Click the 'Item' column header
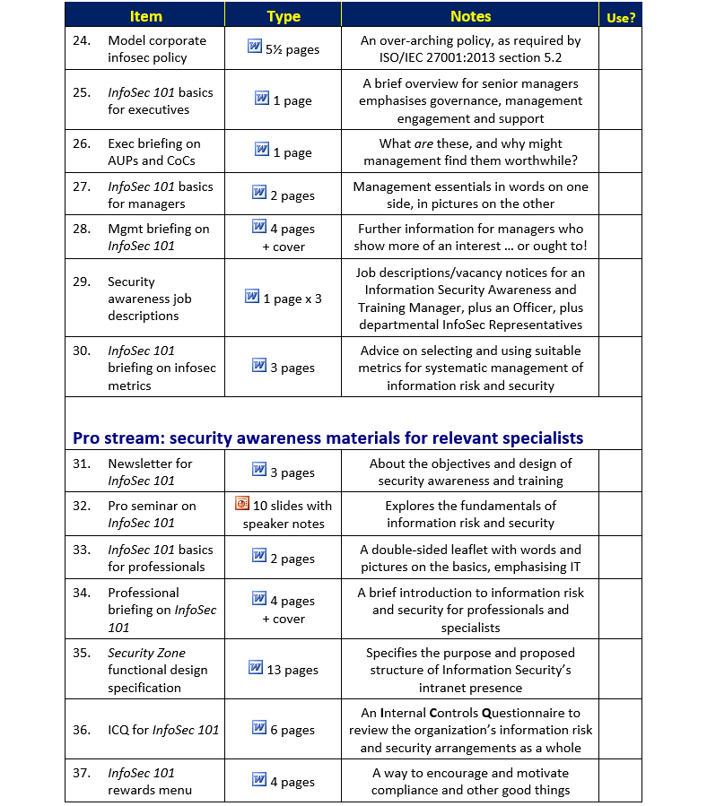(145, 16)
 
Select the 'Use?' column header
(620, 17)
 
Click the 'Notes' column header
(470, 16)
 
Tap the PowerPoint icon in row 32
(242, 504)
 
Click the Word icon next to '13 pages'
(256, 667)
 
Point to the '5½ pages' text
(292, 49)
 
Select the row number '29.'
(82, 282)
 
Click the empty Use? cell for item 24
(620, 48)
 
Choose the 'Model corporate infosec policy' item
(156, 48)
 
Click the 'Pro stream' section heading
(327, 438)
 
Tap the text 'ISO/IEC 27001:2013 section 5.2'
(470, 57)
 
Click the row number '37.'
(82, 773)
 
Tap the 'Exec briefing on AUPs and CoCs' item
(153, 152)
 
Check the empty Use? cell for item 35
(620, 669)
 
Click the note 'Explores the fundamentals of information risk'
(470, 514)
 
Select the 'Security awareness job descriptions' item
(149, 299)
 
